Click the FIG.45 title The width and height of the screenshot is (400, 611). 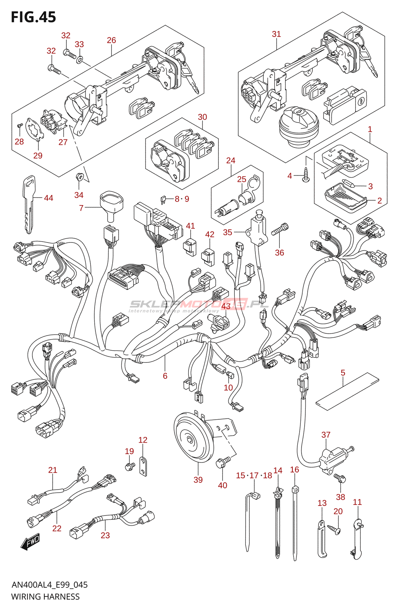tap(34, 17)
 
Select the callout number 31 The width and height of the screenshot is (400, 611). tap(276, 34)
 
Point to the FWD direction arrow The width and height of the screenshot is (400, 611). tap(30, 542)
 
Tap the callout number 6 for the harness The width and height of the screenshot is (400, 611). tap(165, 376)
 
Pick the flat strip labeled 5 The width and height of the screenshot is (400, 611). tap(347, 391)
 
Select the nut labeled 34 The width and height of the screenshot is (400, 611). tap(80, 177)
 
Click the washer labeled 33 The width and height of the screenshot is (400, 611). tap(79, 60)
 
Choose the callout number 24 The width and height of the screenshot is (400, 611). tap(231, 160)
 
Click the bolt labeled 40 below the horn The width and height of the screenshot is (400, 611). tap(222, 462)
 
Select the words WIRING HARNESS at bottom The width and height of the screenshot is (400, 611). tap(45, 597)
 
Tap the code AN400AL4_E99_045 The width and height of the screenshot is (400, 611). tap(50, 585)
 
